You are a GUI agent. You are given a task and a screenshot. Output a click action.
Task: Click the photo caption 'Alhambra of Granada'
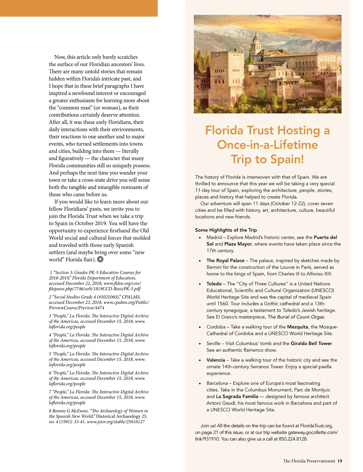point(319,109)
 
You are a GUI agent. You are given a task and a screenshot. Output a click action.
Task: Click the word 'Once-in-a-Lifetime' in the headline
point(267,145)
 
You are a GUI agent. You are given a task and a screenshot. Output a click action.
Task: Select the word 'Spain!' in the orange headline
point(287,159)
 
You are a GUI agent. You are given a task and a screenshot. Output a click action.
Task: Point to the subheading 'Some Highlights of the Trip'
point(226,230)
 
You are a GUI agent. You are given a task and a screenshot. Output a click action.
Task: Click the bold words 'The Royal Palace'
point(225,261)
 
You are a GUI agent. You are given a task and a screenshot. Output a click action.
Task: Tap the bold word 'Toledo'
point(214,284)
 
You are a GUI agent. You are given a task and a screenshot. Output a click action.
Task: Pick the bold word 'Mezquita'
point(297,327)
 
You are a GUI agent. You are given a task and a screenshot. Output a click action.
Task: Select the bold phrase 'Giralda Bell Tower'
point(311,344)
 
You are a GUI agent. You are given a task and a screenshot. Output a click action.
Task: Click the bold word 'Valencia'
point(216,360)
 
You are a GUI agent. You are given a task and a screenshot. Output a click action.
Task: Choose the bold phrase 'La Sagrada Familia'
point(237,397)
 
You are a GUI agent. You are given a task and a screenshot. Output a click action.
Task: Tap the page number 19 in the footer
point(340,461)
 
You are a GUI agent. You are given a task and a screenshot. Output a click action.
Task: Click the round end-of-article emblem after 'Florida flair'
point(100,259)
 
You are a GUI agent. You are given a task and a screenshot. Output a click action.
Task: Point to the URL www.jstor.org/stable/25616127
point(116,422)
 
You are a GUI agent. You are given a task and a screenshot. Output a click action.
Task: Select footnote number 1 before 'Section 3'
point(51,273)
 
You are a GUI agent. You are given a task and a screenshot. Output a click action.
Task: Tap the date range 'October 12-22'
point(307,204)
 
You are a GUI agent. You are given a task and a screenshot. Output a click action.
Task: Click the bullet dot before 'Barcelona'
point(200,384)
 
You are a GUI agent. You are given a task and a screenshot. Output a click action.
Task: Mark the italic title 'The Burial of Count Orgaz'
point(296,317)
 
